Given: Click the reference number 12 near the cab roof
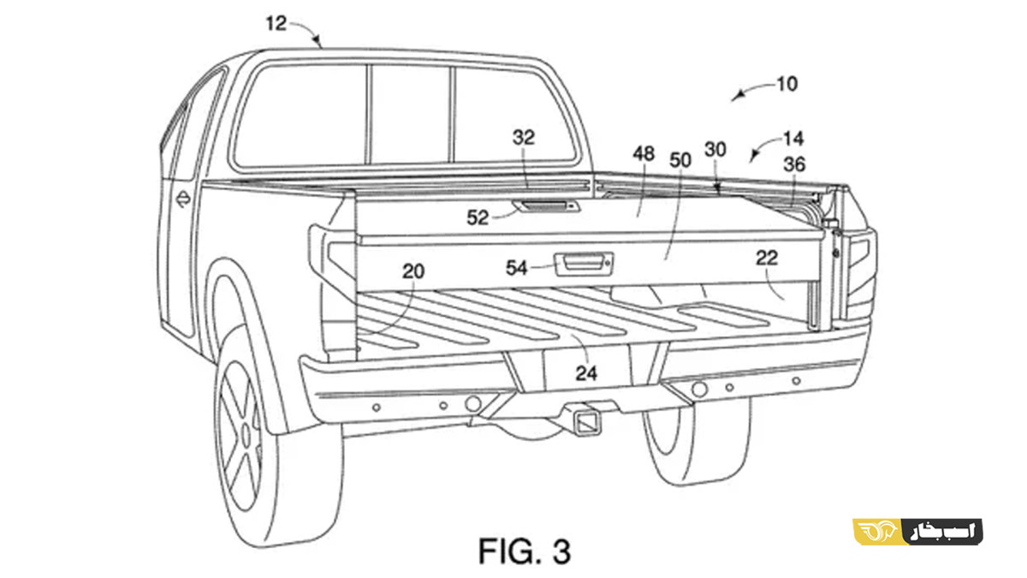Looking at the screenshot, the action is click(276, 23).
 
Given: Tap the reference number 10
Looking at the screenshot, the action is click(787, 84).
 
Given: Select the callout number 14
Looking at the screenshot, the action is click(793, 139).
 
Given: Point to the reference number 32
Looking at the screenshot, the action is click(524, 137).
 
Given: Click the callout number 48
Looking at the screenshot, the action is click(644, 153).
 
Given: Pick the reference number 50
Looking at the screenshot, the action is click(680, 160).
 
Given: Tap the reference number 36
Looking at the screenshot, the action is click(794, 164).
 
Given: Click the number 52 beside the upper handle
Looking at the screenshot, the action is click(478, 217).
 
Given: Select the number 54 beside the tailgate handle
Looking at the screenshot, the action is click(517, 268).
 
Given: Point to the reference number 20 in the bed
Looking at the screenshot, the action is click(413, 271).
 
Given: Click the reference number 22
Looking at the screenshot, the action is click(767, 258).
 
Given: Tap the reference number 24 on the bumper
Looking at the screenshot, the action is click(586, 373).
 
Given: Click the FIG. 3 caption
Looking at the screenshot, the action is click(525, 551).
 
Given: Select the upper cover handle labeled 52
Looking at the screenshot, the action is click(546, 206).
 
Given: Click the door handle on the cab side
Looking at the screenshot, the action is click(183, 199).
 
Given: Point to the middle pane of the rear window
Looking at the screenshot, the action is click(409, 114).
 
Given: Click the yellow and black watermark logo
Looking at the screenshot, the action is click(917, 532).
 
